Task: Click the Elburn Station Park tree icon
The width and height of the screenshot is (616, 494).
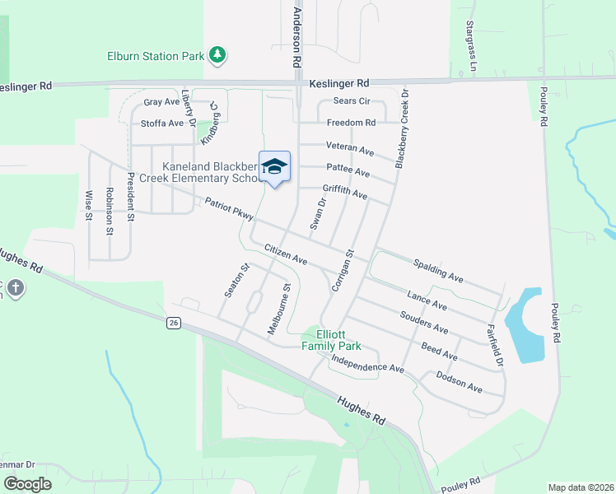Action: click(217, 56)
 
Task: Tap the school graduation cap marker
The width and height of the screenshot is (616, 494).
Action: click(274, 168)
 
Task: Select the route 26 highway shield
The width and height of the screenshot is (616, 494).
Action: click(173, 323)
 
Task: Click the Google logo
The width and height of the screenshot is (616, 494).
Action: click(28, 484)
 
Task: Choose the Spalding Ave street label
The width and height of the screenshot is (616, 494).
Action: click(437, 269)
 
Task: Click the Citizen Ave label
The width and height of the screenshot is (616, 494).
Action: click(286, 254)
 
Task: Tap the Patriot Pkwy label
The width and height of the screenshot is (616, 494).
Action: click(227, 209)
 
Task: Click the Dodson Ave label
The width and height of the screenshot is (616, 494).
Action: click(459, 380)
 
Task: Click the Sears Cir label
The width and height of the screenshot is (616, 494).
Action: click(352, 101)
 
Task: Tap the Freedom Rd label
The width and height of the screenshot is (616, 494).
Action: click(351, 123)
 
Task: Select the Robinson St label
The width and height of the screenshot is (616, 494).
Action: click(109, 212)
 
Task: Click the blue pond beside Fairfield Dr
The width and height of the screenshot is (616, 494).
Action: click(525, 325)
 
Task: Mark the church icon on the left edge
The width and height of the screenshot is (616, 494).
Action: click(16, 289)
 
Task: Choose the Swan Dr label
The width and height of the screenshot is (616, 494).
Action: click(318, 213)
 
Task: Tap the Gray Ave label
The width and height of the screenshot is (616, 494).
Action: click(161, 102)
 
